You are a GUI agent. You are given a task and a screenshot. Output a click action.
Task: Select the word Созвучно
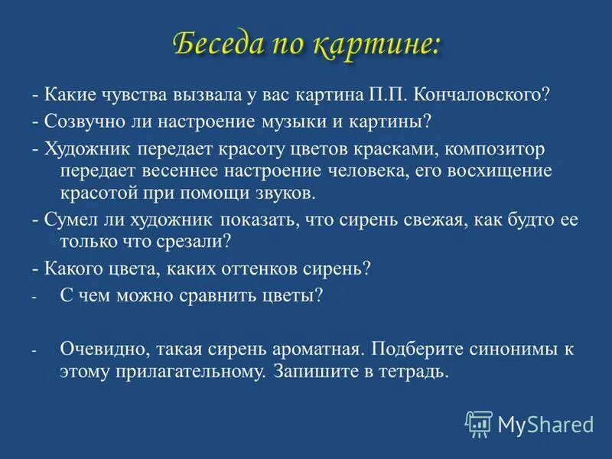point(80,122)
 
